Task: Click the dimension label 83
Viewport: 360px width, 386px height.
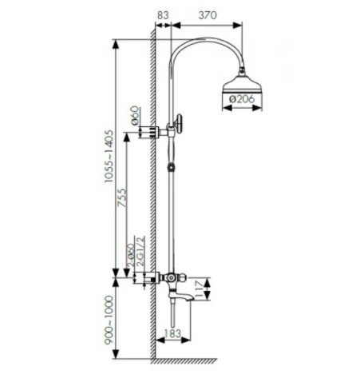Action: pyautogui.click(x=163, y=15)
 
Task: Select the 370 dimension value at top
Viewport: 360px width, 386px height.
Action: pyautogui.click(x=208, y=15)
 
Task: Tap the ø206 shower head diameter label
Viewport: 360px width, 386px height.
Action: pyautogui.click(x=242, y=99)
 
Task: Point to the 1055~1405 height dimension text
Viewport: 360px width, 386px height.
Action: pyautogui.click(x=109, y=156)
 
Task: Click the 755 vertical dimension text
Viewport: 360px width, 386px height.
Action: pyautogui.click(x=122, y=197)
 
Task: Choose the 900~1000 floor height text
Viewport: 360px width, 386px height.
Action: pyautogui.click(x=109, y=320)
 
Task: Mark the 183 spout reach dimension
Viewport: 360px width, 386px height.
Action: pyautogui.click(x=172, y=333)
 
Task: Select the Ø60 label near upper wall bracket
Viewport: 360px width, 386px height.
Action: pyautogui.click(x=135, y=115)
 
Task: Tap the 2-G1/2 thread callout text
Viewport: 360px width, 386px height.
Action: pyautogui.click(x=140, y=251)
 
